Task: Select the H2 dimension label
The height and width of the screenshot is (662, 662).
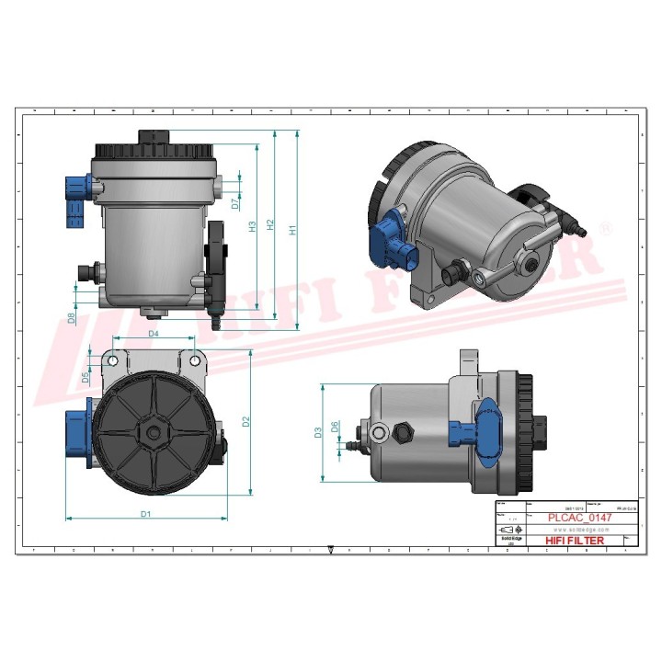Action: point(269,224)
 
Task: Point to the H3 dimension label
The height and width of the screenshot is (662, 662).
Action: point(252,226)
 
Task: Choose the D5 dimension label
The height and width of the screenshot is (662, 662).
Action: point(86,377)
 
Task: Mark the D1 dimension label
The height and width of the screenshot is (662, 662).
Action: point(146,514)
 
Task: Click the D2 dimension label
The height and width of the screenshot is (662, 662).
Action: point(245,422)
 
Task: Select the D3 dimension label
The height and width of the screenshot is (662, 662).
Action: point(317,431)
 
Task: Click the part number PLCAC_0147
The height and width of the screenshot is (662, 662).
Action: point(579,518)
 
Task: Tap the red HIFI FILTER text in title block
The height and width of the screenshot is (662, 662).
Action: point(576,541)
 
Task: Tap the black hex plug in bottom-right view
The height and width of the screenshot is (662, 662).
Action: point(403,431)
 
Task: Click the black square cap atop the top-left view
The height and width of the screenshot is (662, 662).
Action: point(152,137)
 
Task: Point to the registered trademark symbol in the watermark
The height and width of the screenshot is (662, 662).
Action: point(605,226)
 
